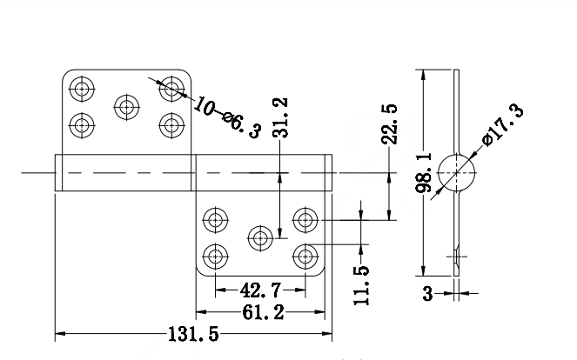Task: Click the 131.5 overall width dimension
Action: (193, 334)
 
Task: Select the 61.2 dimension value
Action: (263, 312)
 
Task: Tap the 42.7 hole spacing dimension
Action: (260, 290)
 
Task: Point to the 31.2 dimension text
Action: (280, 117)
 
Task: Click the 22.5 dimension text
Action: (389, 124)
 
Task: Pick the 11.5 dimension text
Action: (361, 285)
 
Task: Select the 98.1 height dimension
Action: (424, 173)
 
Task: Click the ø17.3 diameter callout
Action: (503, 124)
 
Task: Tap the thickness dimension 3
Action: (427, 293)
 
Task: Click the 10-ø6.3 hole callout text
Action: (227, 117)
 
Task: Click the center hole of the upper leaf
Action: (127, 107)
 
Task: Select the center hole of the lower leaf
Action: (260, 238)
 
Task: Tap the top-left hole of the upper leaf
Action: (82, 89)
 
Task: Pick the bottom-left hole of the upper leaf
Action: (82, 125)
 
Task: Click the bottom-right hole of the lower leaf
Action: (305, 256)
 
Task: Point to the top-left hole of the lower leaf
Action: (216, 220)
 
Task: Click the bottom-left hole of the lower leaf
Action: (216, 256)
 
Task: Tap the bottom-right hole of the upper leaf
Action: (171, 125)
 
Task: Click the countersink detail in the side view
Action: (456, 257)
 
